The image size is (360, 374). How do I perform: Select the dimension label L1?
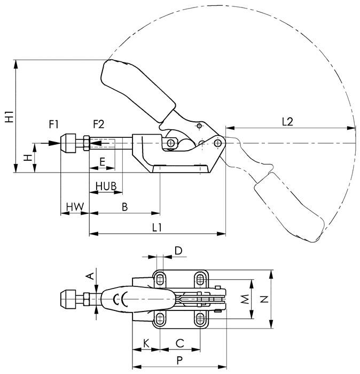click(x=156, y=227)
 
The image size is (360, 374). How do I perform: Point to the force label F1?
click(x=54, y=124)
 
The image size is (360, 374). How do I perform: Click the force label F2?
click(x=99, y=124)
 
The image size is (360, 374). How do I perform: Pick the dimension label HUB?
click(x=106, y=185)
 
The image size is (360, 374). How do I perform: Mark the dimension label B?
click(x=124, y=206)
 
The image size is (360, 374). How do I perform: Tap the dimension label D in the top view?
click(x=179, y=251)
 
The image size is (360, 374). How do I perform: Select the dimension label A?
click(x=90, y=276)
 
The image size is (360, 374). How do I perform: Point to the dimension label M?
click(x=244, y=299)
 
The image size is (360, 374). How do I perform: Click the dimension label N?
click(x=263, y=300)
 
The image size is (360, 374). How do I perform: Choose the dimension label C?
click(x=180, y=342)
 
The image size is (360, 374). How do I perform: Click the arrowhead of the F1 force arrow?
click(x=57, y=143)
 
